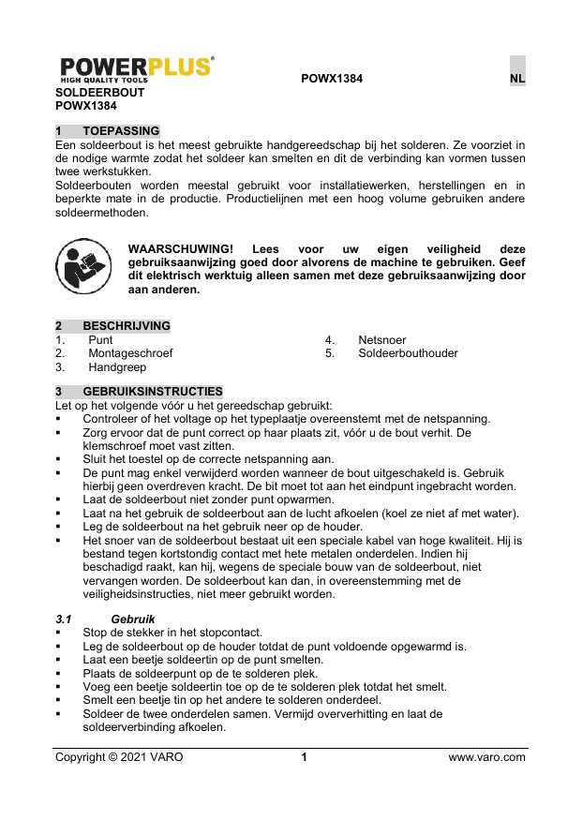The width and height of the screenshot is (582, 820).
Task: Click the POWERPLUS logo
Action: [x=137, y=69]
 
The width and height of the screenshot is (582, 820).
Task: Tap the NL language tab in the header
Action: [x=516, y=80]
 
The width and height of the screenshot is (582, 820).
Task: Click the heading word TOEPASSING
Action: [x=121, y=130]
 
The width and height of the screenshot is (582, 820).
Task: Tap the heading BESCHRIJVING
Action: [x=127, y=326]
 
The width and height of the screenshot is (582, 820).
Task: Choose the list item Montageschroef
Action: [x=130, y=353]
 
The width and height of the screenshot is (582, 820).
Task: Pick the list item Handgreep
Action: [x=117, y=367]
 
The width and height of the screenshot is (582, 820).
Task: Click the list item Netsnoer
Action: [x=382, y=339]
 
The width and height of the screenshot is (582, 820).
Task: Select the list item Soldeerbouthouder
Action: [x=408, y=353]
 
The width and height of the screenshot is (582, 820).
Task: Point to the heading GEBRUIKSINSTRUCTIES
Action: [x=153, y=391]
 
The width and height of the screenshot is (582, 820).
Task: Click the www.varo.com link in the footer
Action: [x=487, y=757]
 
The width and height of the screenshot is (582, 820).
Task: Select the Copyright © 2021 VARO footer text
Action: [x=120, y=757]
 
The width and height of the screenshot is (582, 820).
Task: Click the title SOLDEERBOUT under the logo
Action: [x=100, y=94]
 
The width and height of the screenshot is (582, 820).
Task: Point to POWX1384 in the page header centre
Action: [x=332, y=80]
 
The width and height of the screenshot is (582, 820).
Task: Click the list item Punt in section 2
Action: [x=101, y=339]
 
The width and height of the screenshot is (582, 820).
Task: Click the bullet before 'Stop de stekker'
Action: [x=59, y=634]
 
